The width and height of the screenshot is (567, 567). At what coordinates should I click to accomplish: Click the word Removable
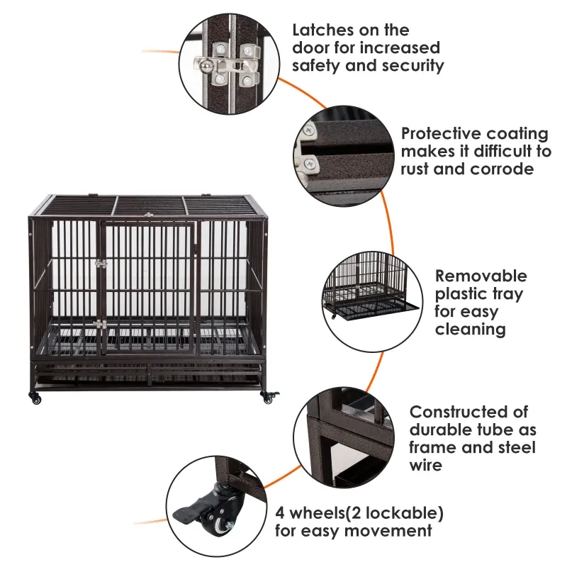point(481,276)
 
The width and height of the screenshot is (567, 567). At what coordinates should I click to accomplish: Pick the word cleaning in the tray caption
point(470,329)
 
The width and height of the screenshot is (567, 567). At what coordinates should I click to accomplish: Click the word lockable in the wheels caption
point(405,512)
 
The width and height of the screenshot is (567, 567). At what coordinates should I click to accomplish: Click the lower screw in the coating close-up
point(310,165)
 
